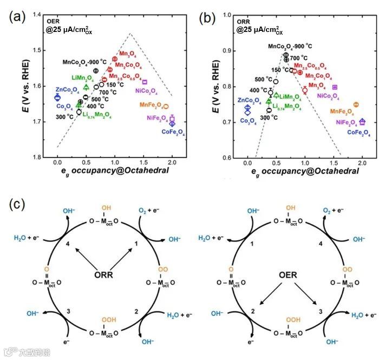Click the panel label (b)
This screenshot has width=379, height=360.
coord(207,16)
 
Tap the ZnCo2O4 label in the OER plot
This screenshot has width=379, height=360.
coord(67,89)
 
